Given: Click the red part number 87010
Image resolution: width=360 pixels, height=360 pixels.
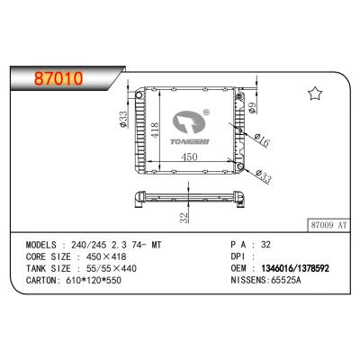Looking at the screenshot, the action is point(58,78).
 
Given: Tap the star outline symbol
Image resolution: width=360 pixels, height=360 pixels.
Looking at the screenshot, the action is point(315,94).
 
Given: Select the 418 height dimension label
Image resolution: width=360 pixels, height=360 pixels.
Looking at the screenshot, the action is point(155,130).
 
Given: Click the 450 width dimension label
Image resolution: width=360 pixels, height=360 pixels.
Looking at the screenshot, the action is point(189,157).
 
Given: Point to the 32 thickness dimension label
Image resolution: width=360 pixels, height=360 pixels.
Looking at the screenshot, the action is point(184,218).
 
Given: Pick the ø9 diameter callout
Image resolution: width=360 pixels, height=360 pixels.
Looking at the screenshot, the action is point(252,108).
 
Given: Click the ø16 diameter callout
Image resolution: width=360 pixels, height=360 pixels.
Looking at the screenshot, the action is point(262,140).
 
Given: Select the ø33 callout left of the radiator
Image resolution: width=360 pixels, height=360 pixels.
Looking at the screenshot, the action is point(123,119).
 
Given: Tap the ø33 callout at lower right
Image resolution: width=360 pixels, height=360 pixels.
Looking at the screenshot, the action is point(264,176).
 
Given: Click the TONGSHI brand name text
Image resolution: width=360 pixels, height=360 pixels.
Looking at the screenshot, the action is point(189,141).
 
